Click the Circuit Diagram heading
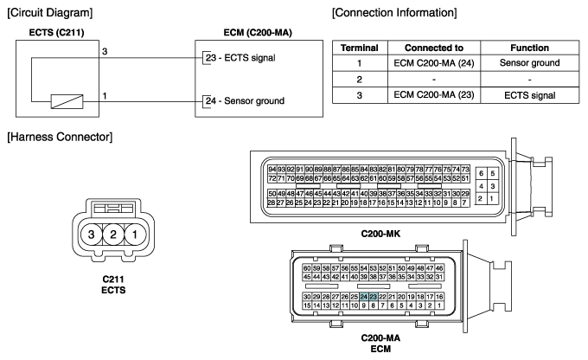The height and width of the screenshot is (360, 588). pos(50,13)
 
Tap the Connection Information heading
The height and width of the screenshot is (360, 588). pos(394,13)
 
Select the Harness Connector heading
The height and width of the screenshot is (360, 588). pos(60,137)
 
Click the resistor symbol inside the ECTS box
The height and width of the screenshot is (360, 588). pos(67,101)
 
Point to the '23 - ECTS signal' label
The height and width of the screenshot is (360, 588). pos(240,58)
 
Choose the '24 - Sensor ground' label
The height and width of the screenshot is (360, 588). pos(245,101)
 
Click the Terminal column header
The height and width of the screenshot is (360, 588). pos(360,48)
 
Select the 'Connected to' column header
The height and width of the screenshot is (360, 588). pos(434,48)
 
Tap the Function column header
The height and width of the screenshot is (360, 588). pos(529,48)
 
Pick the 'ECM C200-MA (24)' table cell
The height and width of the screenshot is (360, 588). pos(434,63)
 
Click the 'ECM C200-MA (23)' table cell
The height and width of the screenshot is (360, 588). pos(434,95)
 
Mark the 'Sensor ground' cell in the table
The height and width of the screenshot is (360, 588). pos(529,63)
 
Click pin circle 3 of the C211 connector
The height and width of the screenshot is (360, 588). pos(91,235)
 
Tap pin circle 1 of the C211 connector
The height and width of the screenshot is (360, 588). pos(135,235)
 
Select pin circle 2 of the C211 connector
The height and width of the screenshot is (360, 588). pos(113,235)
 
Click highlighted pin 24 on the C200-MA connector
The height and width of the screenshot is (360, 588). pos(363,297)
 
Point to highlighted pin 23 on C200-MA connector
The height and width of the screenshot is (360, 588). pos(373,297)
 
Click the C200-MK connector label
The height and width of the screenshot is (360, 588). pos(380,234)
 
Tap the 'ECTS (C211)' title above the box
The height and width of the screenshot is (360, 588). pos(56,33)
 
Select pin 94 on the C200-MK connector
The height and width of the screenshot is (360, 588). pos(272,170)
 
